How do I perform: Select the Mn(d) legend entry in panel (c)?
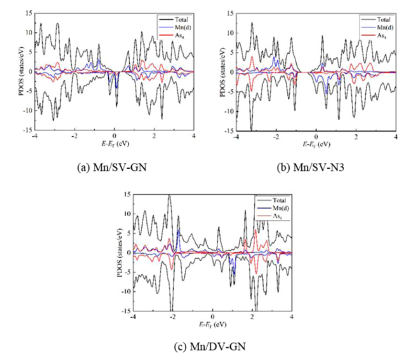272,209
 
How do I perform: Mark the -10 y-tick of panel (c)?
124,291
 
